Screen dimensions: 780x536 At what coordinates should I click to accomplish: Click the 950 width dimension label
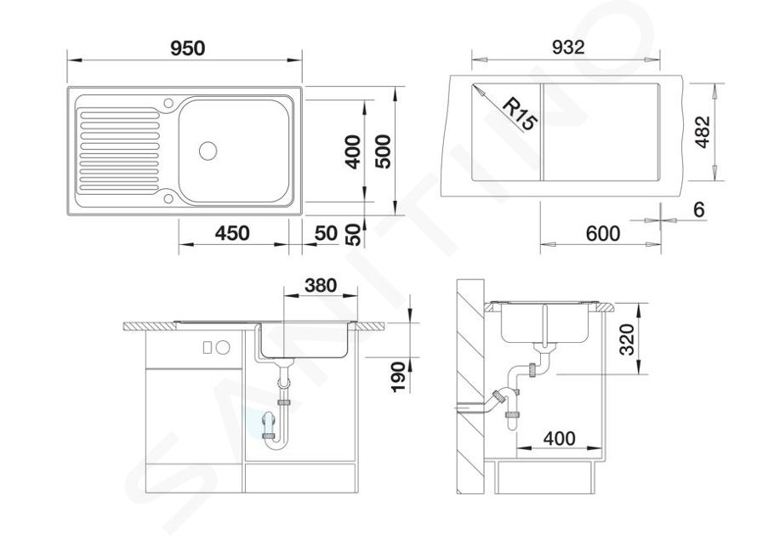(187, 48)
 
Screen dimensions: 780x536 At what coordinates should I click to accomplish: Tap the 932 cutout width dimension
(568, 48)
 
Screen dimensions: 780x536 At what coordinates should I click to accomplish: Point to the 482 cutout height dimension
(703, 132)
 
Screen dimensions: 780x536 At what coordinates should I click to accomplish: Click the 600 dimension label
(603, 233)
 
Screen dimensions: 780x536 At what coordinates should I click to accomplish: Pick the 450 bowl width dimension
(232, 233)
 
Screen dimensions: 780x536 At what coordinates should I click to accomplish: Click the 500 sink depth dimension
(383, 151)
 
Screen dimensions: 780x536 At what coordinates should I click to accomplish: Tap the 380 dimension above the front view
(321, 286)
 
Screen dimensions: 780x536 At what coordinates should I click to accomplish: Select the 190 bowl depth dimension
(398, 377)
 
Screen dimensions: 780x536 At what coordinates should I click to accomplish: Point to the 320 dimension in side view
(627, 339)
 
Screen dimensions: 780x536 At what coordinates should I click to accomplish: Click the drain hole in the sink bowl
(208, 151)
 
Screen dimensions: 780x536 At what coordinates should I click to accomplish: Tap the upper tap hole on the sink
(168, 104)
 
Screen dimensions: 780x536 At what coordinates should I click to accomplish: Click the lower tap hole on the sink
(168, 198)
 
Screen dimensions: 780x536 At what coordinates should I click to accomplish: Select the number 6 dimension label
(699, 210)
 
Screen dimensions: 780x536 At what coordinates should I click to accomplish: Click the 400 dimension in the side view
(559, 438)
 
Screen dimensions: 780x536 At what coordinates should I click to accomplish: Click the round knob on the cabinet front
(223, 347)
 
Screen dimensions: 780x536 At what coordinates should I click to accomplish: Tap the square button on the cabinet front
(208, 347)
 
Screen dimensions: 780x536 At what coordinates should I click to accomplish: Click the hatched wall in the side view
(470, 388)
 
